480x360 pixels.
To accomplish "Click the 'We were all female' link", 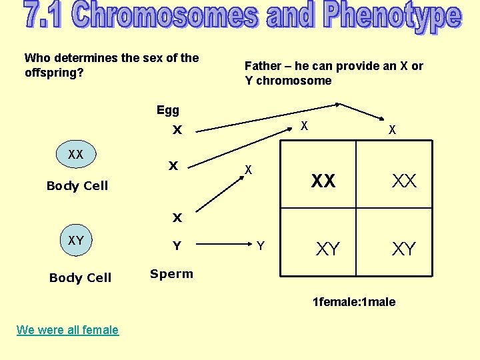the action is click(x=67, y=329).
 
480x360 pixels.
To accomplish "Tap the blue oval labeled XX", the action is click(x=75, y=155).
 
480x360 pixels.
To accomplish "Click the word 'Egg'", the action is click(x=168, y=110).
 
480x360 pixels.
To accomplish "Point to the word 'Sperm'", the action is click(x=171, y=274).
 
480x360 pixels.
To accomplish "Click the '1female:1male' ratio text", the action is click(x=354, y=302).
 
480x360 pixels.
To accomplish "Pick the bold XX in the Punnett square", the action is click(x=323, y=181).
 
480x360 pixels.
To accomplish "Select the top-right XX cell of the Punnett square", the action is click(x=404, y=181).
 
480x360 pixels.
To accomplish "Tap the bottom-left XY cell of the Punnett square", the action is click(x=327, y=249).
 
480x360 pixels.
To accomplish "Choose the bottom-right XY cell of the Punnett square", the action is click(x=404, y=249).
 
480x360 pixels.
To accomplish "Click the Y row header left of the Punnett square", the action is click(x=260, y=247).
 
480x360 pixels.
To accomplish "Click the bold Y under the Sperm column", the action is click(x=177, y=246).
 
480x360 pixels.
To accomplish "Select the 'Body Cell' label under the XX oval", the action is click(x=77, y=186).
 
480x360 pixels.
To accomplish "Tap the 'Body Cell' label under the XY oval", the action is click(x=80, y=278).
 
